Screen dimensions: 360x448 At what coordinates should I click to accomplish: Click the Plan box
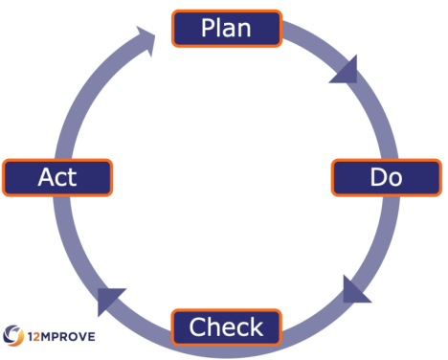tap(227, 28)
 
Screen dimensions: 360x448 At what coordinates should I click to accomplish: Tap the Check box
tap(227, 327)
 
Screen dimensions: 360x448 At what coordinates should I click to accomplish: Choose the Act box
tap(57, 177)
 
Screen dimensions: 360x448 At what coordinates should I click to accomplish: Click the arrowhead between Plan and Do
tap(345, 70)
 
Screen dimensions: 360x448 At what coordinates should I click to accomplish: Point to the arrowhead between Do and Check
tap(356, 287)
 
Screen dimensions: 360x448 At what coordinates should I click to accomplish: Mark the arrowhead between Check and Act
tap(109, 299)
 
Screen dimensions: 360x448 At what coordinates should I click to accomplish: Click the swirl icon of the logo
tap(14, 336)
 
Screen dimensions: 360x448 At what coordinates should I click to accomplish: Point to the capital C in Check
tap(198, 327)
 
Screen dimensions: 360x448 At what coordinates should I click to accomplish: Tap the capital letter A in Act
tap(44, 177)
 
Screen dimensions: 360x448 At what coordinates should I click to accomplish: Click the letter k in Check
tap(256, 327)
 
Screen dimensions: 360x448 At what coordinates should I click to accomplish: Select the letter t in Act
tap(72, 177)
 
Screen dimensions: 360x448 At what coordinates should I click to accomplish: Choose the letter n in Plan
tap(245, 29)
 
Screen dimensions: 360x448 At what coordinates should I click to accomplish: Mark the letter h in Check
tap(213, 327)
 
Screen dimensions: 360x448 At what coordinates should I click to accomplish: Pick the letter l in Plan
tap(220, 28)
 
